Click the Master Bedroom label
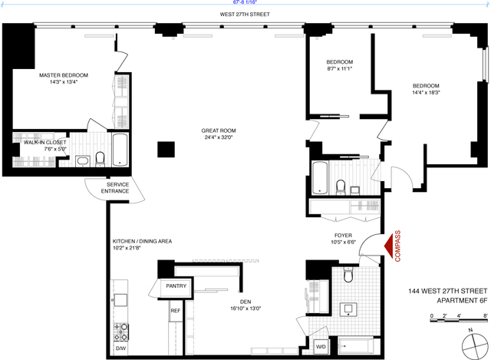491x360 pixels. coord(64,75)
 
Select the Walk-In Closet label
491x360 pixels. coord(44,142)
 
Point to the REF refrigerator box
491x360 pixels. coord(175,311)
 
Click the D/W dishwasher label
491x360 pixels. coord(120,348)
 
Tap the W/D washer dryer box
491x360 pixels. coord(321,347)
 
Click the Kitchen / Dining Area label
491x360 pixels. coord(142,241)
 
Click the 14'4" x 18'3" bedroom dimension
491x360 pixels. coord(426,93)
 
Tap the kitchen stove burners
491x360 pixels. coord(120,332)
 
